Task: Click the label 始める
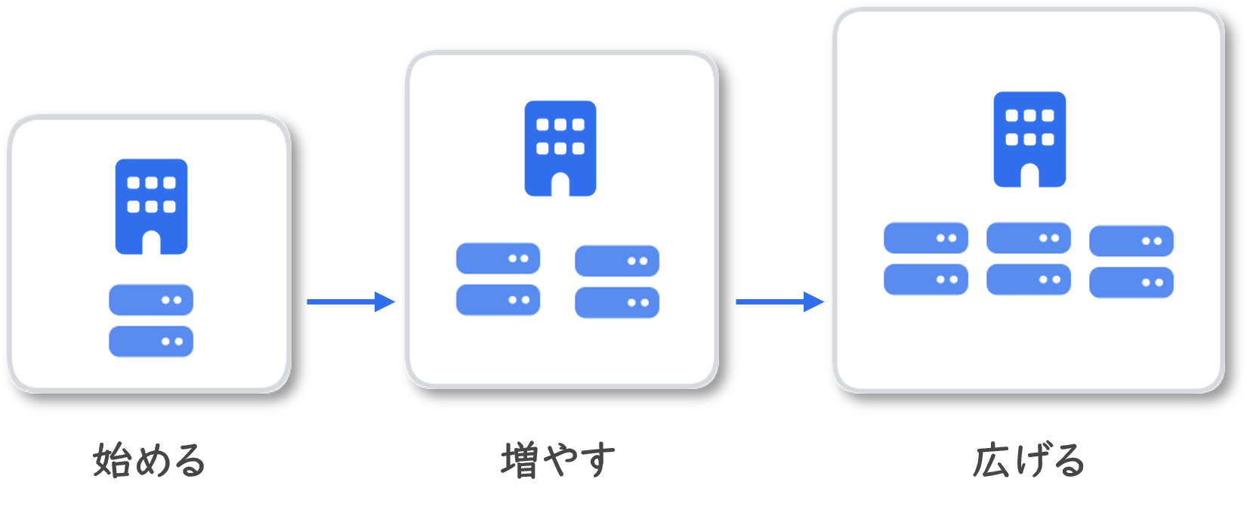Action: tap(150, 461)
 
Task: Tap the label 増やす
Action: tap(558, 461)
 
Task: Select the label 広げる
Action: tap(1028, 461)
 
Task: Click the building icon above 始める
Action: tap(151, 206)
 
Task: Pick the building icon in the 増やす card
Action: tap(560, 148)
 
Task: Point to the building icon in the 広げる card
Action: tap(1029, 139)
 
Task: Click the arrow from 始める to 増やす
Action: tap(350, 302)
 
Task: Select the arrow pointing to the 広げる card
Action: tap(779, 302)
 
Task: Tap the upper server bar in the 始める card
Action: tap(151, 300)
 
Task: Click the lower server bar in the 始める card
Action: tap(151, 341)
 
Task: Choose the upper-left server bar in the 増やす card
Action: tap(498, 258)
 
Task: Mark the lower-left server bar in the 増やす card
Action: tap(498, 300)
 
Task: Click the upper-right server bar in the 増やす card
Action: tap(617, 261)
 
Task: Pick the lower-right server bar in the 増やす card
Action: tap(617, 303)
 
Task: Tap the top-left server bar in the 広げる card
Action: tap(925, 238)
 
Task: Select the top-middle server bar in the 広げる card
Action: tap(1028, 238)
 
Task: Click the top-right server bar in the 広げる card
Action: tap(1131, 241)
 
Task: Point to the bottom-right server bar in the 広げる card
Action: tap(1131, 283)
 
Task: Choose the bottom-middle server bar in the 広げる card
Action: tap(1028, 280)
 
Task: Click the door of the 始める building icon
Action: tap(151, 243)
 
